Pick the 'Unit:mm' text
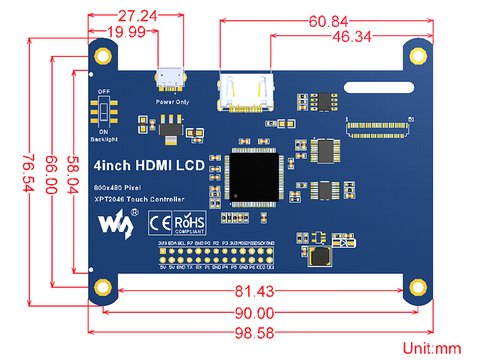click(x=432, y=348)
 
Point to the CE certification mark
click(x=159, y=222)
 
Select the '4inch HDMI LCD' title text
click(x=149, y=166)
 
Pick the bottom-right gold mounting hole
click(x=417, y=288)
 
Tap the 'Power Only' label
click(x=172, y=102)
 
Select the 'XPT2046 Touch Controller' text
click(x=139, y=199)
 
